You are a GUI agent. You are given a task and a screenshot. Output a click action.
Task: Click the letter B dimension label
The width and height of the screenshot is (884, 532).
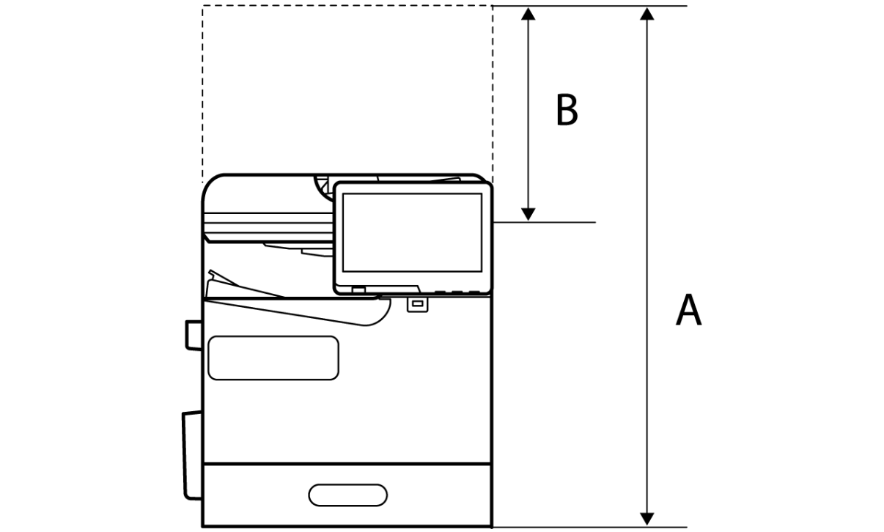click(567, 111)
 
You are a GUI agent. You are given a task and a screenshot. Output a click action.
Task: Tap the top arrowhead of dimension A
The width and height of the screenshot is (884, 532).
click(647, 14)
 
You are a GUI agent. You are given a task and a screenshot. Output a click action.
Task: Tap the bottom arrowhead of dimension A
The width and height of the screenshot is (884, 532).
click(647, 518)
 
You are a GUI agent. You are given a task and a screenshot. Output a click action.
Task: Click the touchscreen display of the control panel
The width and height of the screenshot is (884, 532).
click(411, 232)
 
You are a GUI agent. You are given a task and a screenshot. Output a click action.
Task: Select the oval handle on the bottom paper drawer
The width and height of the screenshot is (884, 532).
click(347, 495)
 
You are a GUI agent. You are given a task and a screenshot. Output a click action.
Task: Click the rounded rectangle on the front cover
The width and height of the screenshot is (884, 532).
click(273, 358)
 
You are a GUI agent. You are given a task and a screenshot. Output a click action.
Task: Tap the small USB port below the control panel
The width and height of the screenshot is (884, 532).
click(416, 303)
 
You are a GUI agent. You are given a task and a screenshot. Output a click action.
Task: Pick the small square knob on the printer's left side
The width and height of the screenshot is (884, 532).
click(193, 335)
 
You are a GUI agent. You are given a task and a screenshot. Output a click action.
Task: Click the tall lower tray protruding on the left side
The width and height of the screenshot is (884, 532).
click(191, 454)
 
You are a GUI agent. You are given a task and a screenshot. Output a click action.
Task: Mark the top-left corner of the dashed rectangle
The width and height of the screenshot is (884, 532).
click(203, 6)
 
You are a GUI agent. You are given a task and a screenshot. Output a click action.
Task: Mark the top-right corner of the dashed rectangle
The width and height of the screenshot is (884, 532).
click(492, 6)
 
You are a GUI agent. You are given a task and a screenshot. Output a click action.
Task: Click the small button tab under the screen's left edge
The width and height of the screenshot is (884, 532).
click(358, 290)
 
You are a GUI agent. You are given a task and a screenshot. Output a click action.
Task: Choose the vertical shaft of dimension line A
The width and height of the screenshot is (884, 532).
click(647, 264)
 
